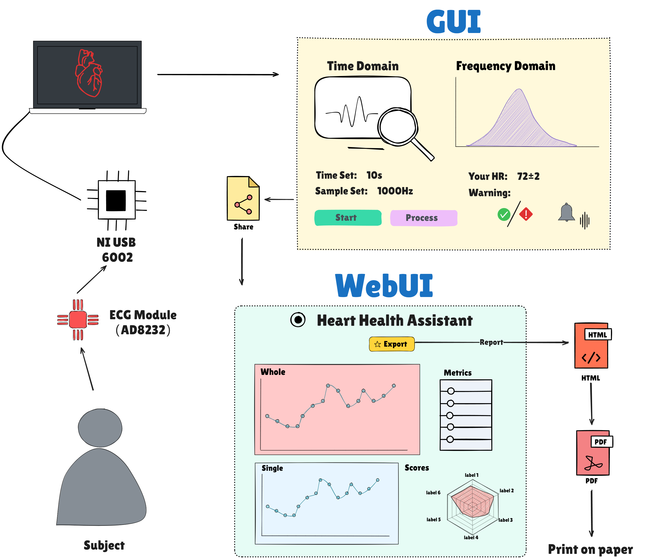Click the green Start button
tap(347, 218)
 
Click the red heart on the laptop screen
tap(88, 73)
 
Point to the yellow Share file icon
tap(243, 199)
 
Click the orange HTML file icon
tap(591, 346)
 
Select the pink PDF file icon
tap(593, 453)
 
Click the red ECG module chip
tap(78, 320)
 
